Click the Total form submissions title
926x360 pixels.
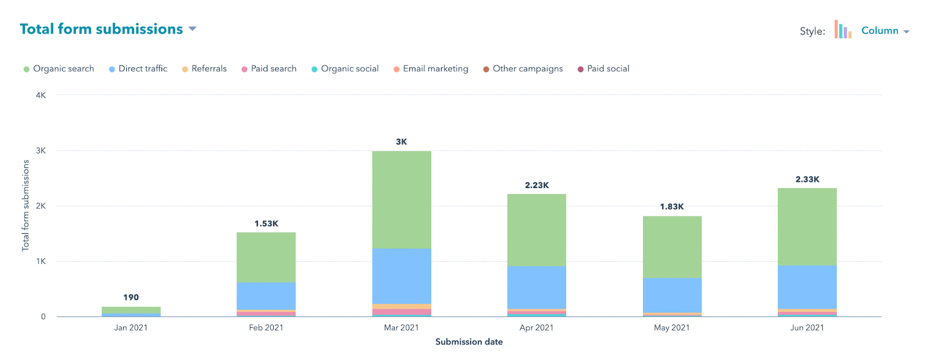(101, 29)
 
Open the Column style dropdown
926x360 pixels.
(884, 31)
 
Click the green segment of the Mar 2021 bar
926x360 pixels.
(402, 200)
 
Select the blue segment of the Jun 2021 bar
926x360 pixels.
(807, 287)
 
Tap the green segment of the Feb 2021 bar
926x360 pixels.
(266, 258)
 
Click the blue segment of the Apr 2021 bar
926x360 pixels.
(537, 287)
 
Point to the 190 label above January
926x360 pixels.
(131, 297)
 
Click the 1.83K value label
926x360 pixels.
(672, 207)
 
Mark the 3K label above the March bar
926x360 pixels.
(402, 142)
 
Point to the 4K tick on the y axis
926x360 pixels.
(41, 95)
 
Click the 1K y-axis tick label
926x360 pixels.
(41, 262)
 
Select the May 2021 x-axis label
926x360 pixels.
(672, 328)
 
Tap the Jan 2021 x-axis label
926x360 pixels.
(131, 328)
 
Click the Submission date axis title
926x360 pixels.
(469, 342)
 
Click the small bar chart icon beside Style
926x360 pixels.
(843, 30)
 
